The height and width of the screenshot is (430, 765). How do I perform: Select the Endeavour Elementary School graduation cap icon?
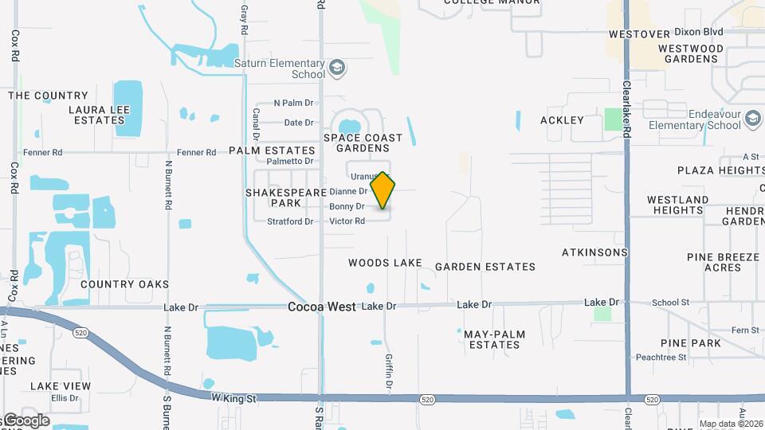[751, 119]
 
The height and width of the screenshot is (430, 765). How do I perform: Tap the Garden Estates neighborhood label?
[485, 267]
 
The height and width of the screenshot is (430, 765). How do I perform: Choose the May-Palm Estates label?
[492, 339]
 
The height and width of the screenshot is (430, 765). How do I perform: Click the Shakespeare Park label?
[286, 197]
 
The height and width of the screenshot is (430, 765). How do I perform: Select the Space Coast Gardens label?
[363, 143]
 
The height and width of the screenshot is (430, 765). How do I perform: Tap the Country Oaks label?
[124, 284]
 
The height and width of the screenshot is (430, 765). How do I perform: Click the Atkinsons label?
[594, 252]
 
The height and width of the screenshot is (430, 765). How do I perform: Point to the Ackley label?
[562, 120]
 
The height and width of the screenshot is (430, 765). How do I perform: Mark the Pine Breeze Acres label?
[723, 262]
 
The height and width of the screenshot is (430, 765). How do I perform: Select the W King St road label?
[233, 397]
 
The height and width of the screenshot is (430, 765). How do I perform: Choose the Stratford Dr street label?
[290, 221]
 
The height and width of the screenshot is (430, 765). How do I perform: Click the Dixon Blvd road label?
[698, 33]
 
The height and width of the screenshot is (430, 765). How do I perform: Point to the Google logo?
[26, 420]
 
